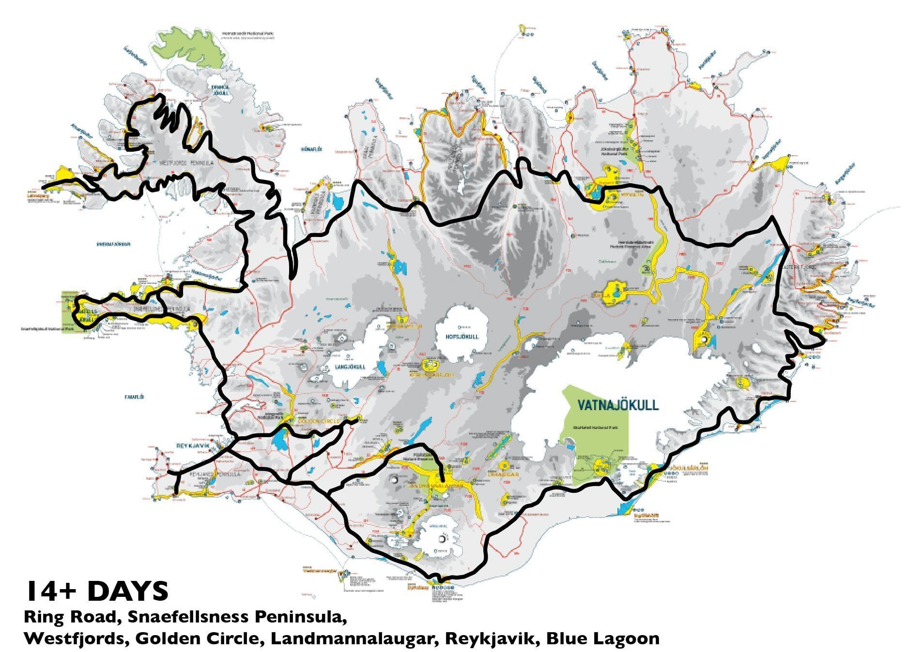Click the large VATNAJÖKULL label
click(x=618, y=404)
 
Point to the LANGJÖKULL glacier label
click(x=349, y=367)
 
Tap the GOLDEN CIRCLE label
click(x=319, y=421)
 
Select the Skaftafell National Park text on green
click(x=595, y=428)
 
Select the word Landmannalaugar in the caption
click(x=351, y=638)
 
